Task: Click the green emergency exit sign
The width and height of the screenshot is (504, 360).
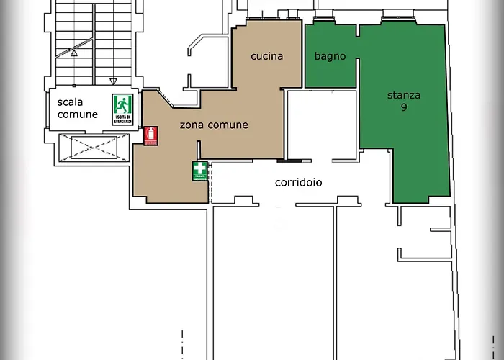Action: coord(121,109)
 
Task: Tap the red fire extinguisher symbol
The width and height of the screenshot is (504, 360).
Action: coord(150,136)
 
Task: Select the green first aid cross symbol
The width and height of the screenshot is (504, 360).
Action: coord(199,171)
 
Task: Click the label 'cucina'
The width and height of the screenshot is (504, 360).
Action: coord(266,56)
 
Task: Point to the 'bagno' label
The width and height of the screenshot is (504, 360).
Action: coord(330,56)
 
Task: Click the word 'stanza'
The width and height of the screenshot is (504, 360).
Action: coord(404,95)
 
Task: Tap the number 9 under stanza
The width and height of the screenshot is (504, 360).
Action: coord(404,107)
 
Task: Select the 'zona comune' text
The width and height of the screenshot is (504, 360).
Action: coord(213,125)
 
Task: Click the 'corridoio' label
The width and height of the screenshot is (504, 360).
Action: coord(298,182)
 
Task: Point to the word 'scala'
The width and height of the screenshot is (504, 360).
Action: coord(71,102)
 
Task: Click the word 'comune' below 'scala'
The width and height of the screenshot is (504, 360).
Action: coord(78,114)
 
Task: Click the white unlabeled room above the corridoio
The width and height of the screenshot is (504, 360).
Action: coord(321,124)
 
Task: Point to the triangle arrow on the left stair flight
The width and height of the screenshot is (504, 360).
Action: coord(73,53)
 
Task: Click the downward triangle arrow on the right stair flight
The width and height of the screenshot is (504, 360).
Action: coord(112,81)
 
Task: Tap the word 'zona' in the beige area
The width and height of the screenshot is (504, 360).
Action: coord(192,125)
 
